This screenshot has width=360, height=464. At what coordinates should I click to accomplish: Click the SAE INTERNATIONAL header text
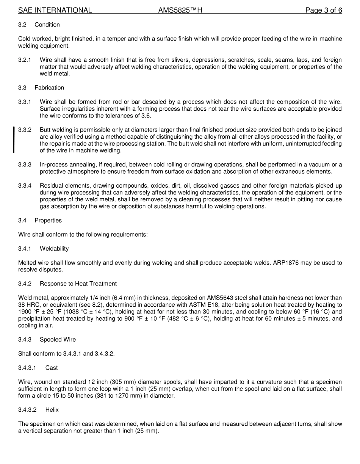[55, 10]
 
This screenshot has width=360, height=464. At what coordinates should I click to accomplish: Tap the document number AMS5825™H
[180, 10]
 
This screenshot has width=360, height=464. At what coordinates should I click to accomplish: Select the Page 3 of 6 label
[324, 10]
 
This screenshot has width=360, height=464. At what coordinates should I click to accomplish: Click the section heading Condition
[47, 25]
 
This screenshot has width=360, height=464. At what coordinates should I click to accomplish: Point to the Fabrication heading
[49, 88]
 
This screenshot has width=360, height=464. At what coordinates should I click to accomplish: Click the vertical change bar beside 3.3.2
[14, 140]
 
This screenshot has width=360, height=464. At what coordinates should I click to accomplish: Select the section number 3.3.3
[25, 165]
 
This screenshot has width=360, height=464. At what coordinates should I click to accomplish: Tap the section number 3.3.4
[25, 186]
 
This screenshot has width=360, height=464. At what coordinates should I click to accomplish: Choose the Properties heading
[48, 220]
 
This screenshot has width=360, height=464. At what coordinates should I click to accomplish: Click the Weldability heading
[54, 249]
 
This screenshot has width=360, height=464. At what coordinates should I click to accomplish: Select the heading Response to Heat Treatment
[78, 284]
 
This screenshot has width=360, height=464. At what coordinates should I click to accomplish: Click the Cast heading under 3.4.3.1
[52, 368]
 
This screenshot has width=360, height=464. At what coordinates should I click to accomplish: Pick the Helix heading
[52, 410]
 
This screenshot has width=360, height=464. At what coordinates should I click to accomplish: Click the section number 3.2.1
[25, 60]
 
